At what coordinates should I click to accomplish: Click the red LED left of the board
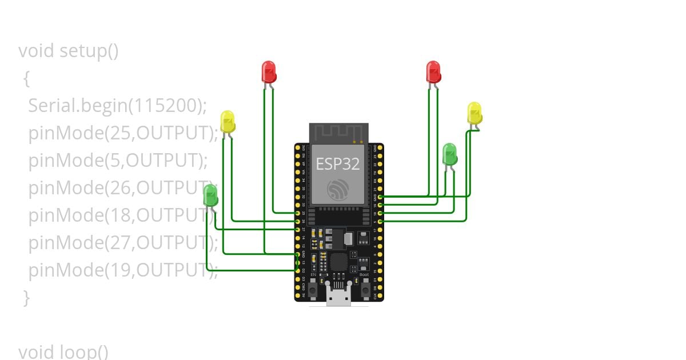[269, 71]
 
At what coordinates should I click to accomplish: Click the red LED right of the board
[433, 71]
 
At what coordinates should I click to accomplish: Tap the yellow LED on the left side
[228, 121]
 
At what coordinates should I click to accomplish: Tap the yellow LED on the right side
[474, 113]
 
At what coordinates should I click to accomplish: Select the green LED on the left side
[210, 194]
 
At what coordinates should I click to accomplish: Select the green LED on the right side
[450, 154]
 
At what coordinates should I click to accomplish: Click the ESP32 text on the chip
[338, 164]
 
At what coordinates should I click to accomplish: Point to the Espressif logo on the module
[338, 189]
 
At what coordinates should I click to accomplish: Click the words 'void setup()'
[69, 51]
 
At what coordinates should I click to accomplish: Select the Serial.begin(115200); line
[117, 106]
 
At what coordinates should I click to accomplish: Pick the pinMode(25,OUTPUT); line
[123, 133]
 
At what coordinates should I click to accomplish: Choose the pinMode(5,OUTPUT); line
[118, 161]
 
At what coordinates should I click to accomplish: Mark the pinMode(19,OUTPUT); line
[123, 270]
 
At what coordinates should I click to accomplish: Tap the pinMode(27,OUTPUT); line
[123, 242]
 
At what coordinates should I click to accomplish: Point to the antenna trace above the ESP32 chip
[338, 133]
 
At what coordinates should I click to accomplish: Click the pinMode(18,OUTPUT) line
[120, 215]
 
